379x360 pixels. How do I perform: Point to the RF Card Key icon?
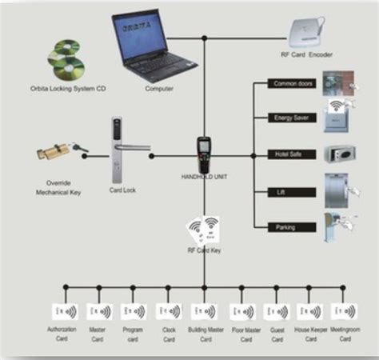[x=203, y=230]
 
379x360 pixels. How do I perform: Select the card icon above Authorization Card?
[x=62, y=310]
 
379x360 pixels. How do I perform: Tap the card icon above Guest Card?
[x=277, y=310]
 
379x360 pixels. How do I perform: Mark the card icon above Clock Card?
[x=169, y=310]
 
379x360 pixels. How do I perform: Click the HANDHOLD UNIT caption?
[x=205, y=176]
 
